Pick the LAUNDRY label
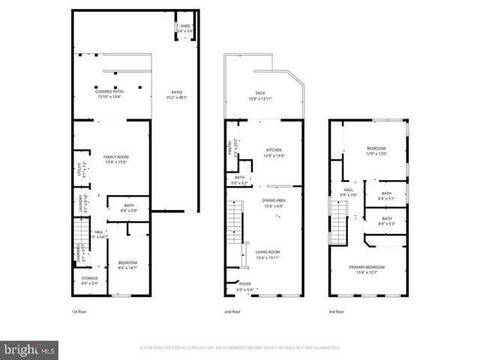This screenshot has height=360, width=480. pos(78,204)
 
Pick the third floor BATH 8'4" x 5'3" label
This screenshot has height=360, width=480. pos(386,220)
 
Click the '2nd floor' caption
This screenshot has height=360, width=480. pos(232,311)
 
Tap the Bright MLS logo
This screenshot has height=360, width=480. pos(30,349)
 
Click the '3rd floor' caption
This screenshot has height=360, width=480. pos(337,311)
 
